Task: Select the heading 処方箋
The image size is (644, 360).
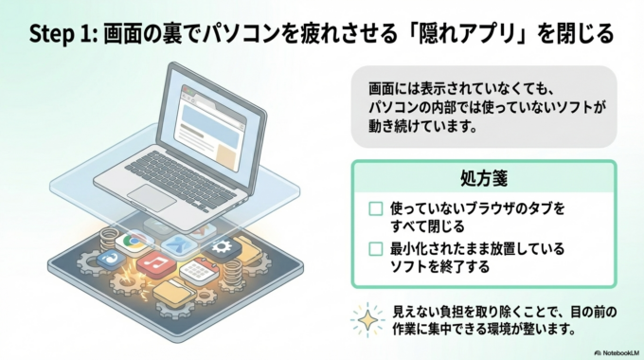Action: [484, 178]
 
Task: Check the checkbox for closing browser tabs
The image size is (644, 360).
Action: [376, 208]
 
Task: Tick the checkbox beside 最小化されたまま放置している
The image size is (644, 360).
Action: [376, 248]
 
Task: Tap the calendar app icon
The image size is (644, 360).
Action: [195, 272]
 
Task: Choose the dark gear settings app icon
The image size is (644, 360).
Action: [224, 249]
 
